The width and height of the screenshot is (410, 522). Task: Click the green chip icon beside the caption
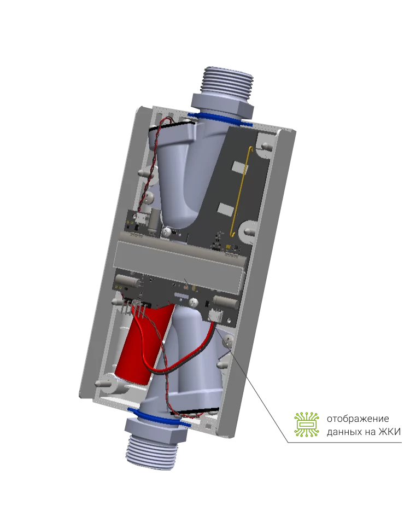coord(306,424)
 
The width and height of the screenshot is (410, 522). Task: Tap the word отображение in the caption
coord(358,419)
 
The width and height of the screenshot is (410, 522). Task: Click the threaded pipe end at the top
coord(228,82)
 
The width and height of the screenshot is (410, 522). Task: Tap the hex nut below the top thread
coord(222,105)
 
